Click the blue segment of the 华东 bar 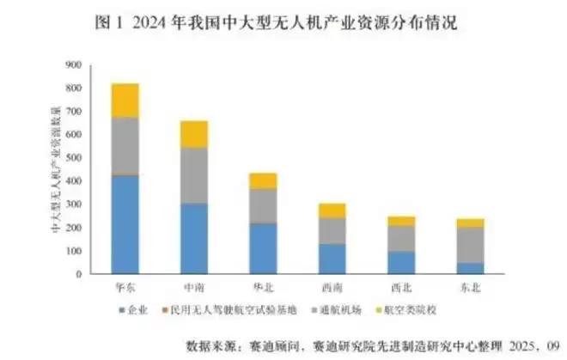[x=125, y=224]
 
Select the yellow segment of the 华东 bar [x=125, y=100]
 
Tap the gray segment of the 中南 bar [x=194, y=175]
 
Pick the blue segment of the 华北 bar [x=264, y=248]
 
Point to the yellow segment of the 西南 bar [x=332, y=210]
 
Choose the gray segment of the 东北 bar [x=471, y=244]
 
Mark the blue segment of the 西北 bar [x=402, y=262]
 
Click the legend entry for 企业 [x=138, y=310]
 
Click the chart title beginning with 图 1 [x=283, y=23]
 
